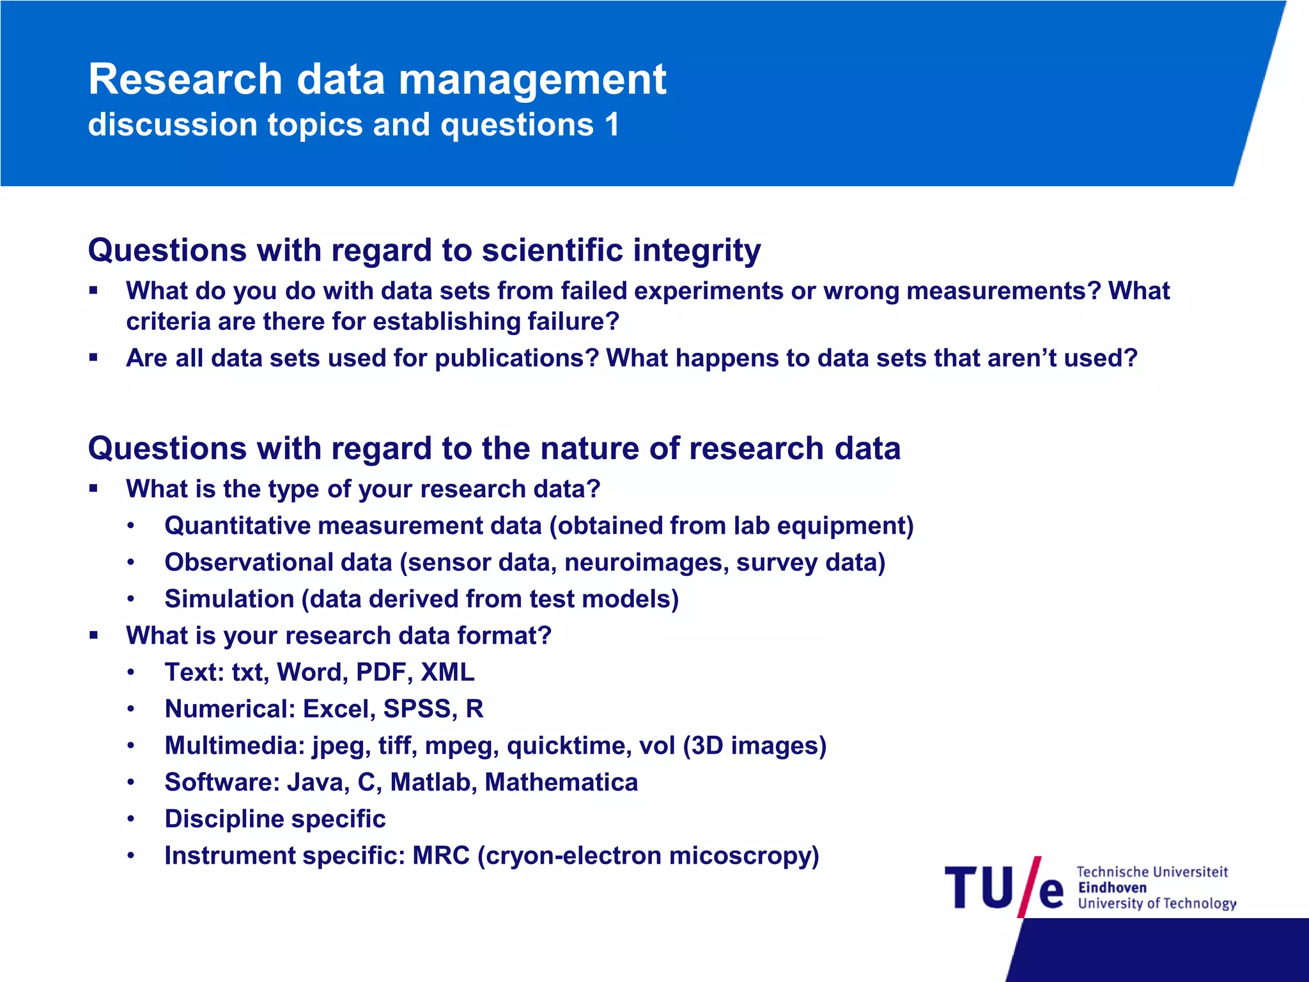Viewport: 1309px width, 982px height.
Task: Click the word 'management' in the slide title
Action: (x=532, y=80)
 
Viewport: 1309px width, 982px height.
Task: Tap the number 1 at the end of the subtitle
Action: (x=612, y=124)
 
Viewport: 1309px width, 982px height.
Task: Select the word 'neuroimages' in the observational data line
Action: (x=646, y=563)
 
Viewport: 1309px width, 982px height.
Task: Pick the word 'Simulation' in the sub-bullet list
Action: (x=229, y=599)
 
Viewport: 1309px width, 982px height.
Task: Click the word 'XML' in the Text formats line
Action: (x=447, y=673)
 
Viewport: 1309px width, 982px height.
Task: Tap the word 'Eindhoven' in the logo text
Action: (x=1112, y=887)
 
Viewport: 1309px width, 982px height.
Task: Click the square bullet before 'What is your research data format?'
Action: (x=94, y=635)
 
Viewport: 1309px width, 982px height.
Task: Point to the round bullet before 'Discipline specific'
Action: (x=131, y=820)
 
